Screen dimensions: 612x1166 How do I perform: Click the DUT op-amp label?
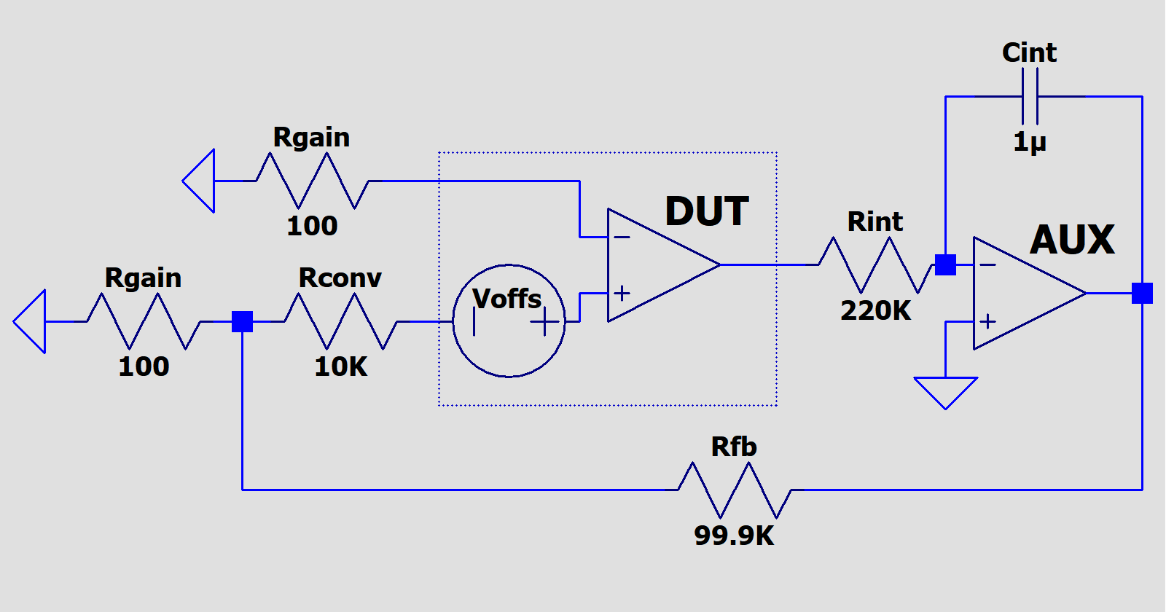tap(706, 212)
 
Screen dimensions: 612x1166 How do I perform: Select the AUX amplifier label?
tap(1072, 240)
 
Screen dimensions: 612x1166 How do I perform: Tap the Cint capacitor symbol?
tap(1030, 96)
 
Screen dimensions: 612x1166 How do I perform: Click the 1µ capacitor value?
tap(1030, 141)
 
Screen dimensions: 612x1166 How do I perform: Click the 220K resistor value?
tap(875, 311)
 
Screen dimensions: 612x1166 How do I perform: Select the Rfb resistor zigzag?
tap(735, 490)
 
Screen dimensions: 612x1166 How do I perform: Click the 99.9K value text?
tap(734, 535)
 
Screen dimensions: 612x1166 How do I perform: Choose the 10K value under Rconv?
tap(340, 366)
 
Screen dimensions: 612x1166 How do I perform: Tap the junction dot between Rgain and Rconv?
tap(242, 321)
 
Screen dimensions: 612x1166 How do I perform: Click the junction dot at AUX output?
tap(1142, 293)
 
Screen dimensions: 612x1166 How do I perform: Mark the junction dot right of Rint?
tap(945, 265)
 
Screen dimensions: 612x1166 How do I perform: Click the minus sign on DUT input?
tap(622, 237)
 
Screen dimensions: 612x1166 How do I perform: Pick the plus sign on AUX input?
tap(987, 321)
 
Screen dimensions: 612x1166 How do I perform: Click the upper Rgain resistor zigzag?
tap(313, 181)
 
